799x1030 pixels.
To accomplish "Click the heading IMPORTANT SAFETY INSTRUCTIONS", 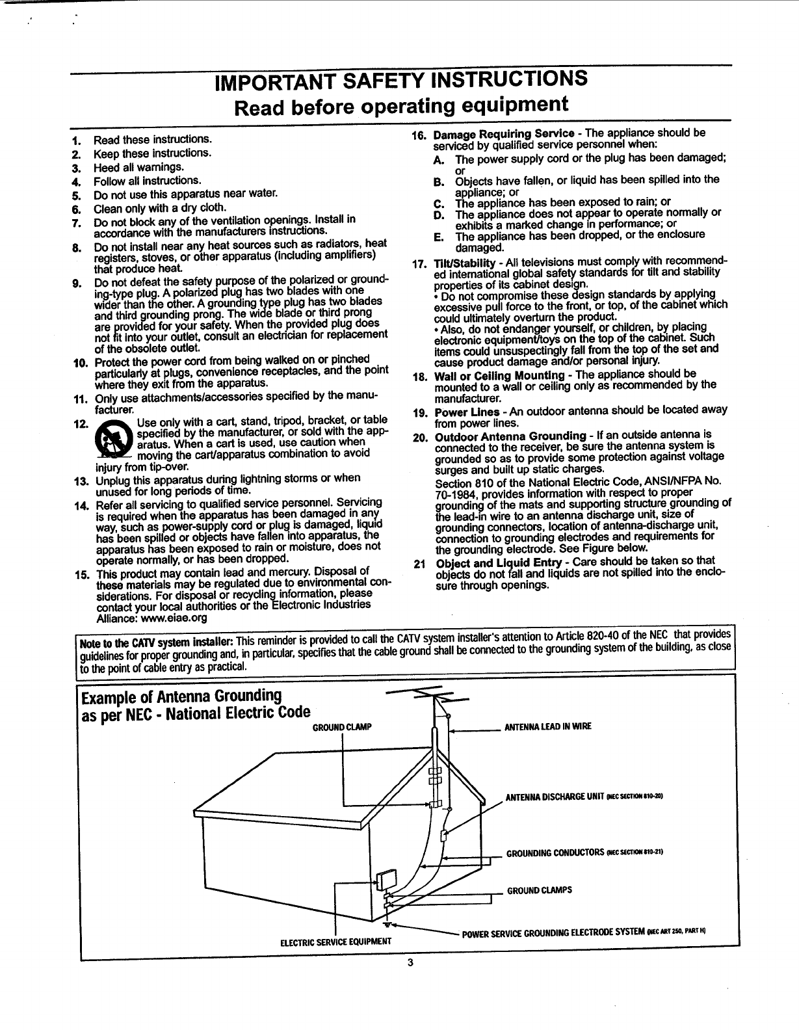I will click(402, 80).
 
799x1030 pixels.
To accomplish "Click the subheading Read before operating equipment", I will click(402, 104).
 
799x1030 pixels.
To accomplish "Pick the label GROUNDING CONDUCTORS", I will click(554, 853).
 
